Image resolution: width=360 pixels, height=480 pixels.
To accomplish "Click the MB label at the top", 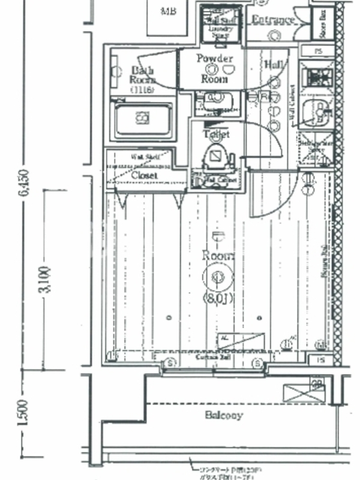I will [x=169, y=11].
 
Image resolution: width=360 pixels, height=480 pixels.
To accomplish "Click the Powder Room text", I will [x=214, y=68].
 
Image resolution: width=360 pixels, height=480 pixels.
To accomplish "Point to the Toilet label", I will [x=216, y=134].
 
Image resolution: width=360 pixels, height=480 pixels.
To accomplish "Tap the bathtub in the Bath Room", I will [x=143, y=118].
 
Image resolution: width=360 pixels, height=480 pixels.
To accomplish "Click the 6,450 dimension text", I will [x=23, y=182].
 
